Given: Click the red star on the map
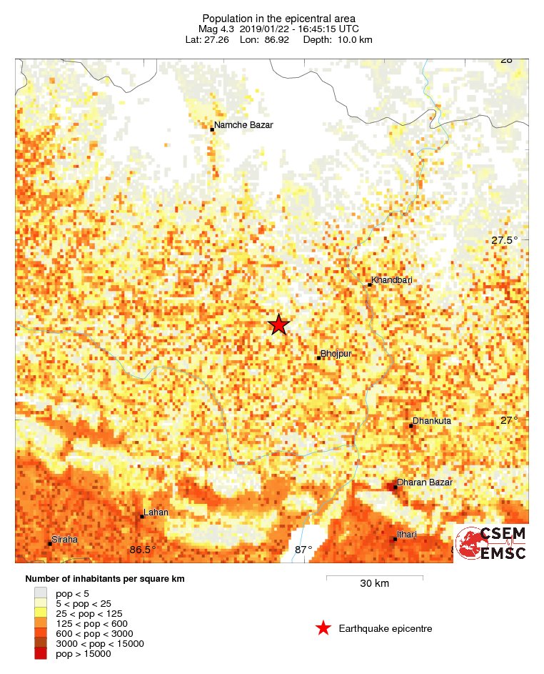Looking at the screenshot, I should (278, 324).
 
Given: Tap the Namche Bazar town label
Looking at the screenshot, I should (243, 125).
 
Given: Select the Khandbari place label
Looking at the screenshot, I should (392, 280).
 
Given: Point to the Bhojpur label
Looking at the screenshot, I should (337, 354).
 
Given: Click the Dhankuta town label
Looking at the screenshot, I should (432, 422).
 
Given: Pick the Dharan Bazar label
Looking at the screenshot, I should (425, 483).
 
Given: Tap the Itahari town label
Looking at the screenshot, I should (406, 535).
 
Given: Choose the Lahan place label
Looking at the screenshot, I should (156, 512).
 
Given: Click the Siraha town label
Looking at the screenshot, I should (64, 540).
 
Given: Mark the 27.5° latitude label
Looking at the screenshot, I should (505, 241).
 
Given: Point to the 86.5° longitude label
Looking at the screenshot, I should (143, 550).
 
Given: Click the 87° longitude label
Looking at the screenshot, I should (303, 550).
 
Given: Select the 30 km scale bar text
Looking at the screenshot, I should (374, 583).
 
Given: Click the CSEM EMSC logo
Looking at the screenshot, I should (491, 542).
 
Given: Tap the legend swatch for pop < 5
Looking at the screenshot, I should (41, 593).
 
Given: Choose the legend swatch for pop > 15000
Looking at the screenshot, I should (41, 653).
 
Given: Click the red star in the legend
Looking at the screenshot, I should (323, 628).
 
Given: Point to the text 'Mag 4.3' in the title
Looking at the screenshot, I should (215, 29).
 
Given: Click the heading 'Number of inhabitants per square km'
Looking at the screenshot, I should (105, 579).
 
